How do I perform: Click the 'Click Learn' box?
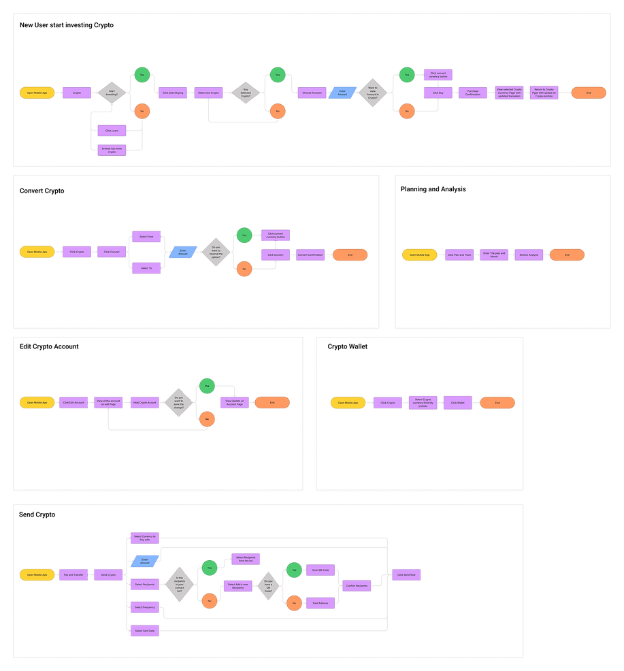[x=112, y=130]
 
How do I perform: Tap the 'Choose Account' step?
[x=312, y=93]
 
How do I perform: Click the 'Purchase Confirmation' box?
[x=473, y=93]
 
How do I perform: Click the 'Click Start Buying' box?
[x=173, y=93]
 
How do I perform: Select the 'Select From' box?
[x=146, y=236]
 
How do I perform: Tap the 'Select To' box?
[x=146, y=268]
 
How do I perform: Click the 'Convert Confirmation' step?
[x=310, y=255]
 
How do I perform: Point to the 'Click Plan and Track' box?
[x=459, y=255]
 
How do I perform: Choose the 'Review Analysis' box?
[x=529, y=255]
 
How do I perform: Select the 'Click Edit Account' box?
[x=73, y=403]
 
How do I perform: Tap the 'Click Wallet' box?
[x=457, y=403]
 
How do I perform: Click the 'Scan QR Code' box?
[x=320, y=569]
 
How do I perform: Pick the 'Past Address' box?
[x=320, y=602]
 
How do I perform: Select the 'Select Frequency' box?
[x=145, y=607]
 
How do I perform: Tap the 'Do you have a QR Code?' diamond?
[x=268, y=585]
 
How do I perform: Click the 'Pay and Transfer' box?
[x=73, y=575]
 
